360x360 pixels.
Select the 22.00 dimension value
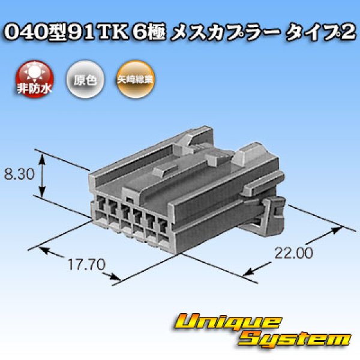pos(295,254)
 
